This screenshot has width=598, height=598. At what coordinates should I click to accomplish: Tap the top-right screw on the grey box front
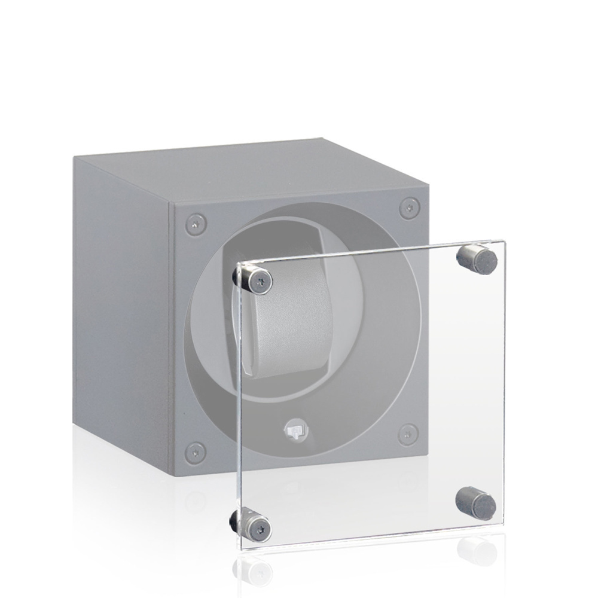click(408, 207)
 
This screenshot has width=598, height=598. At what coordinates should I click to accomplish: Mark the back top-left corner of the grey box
click(74, 157)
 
